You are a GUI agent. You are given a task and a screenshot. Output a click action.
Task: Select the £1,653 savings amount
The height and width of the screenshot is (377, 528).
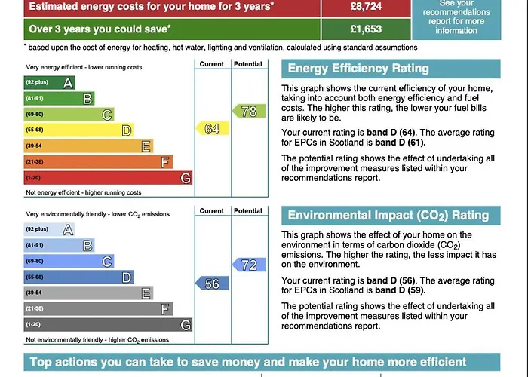coord(366,29)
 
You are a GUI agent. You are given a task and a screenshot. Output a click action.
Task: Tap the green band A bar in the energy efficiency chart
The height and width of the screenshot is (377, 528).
coord(49,82)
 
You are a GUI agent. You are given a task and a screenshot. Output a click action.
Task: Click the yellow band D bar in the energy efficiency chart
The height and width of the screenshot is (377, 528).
coord(78,130)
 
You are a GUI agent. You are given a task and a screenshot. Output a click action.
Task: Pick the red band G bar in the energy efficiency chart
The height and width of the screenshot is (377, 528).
coord(107,178)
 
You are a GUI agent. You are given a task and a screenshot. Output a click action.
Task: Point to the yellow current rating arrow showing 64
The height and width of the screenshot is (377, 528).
coord(212,129)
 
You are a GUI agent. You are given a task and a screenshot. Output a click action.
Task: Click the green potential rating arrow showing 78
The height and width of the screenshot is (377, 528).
coord(249,112)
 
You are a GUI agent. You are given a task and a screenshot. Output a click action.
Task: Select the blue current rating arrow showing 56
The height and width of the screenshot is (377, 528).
coord(212,284)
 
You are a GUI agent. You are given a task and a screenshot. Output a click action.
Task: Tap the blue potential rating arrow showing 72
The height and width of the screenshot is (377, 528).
coord(249,265)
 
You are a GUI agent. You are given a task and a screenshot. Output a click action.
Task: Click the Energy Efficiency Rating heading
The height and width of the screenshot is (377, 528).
coord(358,69)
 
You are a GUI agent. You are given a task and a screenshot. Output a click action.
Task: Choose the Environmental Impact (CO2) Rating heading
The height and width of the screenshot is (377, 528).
coord(388,216)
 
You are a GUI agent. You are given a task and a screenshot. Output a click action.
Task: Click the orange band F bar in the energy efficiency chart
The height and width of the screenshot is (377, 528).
coord(98,162)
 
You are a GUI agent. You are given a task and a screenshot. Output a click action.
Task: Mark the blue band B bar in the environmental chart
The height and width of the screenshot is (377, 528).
coord(59,245)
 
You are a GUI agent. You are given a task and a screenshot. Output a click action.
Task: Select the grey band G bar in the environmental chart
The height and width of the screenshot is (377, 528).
coord(107,325)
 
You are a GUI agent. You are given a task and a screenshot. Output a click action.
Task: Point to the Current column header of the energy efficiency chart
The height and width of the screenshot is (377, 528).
coord(212,64)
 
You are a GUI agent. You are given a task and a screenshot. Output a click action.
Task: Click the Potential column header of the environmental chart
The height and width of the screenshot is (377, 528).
coord(248,211)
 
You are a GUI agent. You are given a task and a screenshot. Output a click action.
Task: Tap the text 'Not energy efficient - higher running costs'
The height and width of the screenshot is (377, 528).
coord(84,193)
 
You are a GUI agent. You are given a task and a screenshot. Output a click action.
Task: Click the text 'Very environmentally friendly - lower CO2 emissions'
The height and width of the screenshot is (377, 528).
coord(97,214)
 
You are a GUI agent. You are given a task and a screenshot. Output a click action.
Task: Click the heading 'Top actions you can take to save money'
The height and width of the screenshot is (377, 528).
coord(248,363)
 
